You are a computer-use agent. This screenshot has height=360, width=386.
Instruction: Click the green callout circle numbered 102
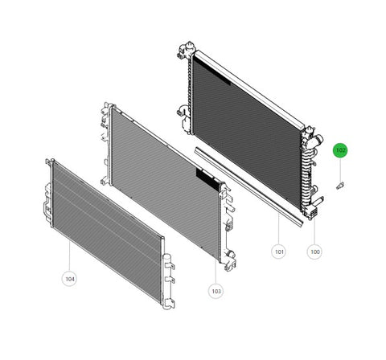pyautogui.click(x=340, y=150)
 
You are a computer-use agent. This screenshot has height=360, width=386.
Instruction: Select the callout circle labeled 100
pyautogui.click(x=314, y=252)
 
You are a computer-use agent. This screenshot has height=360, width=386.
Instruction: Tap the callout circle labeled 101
pyautogui.click(x=279, y=252)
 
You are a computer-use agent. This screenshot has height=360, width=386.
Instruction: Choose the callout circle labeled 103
pyautogui.click(x=216, y=291)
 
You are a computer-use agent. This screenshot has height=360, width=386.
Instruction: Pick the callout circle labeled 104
pyautogui.click(x=70, y=279)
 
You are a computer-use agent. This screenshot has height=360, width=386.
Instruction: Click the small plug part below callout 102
pyautogui.click(x=340, y=186)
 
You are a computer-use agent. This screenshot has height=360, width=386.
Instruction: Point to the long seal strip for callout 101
pyautogui.click(x=248, y=186)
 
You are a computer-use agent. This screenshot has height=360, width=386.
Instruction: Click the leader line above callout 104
pyautogui.click(x=70, y=256)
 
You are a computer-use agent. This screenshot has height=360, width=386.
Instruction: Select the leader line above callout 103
pyautogui.click(x=216, y=271)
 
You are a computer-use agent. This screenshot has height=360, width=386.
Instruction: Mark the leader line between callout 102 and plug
pyautogui.click(x=340, y=170)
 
